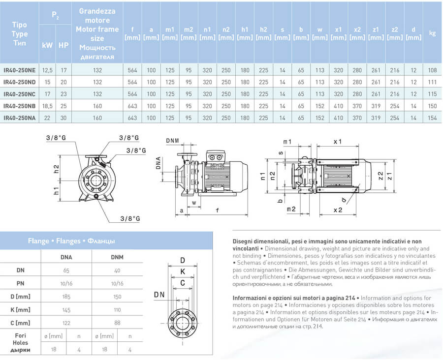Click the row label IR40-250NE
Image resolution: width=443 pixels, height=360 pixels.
[x=20, y=70]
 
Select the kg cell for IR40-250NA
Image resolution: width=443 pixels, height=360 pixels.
[x=432, y=118]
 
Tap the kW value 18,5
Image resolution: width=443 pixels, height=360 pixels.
[x=47, y=106]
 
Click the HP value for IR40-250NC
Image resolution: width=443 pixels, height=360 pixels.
[x=63, y=94]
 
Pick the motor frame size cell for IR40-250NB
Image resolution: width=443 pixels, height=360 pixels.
[x=97, y=106]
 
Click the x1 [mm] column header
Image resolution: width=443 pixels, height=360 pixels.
[x=339, y=33]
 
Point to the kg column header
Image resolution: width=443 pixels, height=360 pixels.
[x=432, y=33]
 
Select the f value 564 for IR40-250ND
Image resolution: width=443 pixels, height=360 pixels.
[x=132, y=82]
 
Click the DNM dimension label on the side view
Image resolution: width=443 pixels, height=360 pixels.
[x=172, y=141]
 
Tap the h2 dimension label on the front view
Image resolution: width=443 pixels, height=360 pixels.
[x=56, y=169]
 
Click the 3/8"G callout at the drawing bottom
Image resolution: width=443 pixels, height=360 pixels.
[x=130, y=218]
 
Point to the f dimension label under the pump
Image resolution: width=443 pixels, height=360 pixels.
[x=217, y=210]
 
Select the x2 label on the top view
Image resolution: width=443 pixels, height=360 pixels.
[x=338, y=210]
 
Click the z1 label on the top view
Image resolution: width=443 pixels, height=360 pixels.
[x=390, y=176]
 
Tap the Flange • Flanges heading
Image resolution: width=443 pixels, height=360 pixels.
[x=71, y=241]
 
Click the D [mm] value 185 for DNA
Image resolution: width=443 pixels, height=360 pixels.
[x=66, y=297]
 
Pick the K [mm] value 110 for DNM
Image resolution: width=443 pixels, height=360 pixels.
[x=117, y=310]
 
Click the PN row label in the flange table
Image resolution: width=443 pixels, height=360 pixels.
[x=20, y=283]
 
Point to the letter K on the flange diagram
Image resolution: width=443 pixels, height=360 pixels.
[x=183, y=271]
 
